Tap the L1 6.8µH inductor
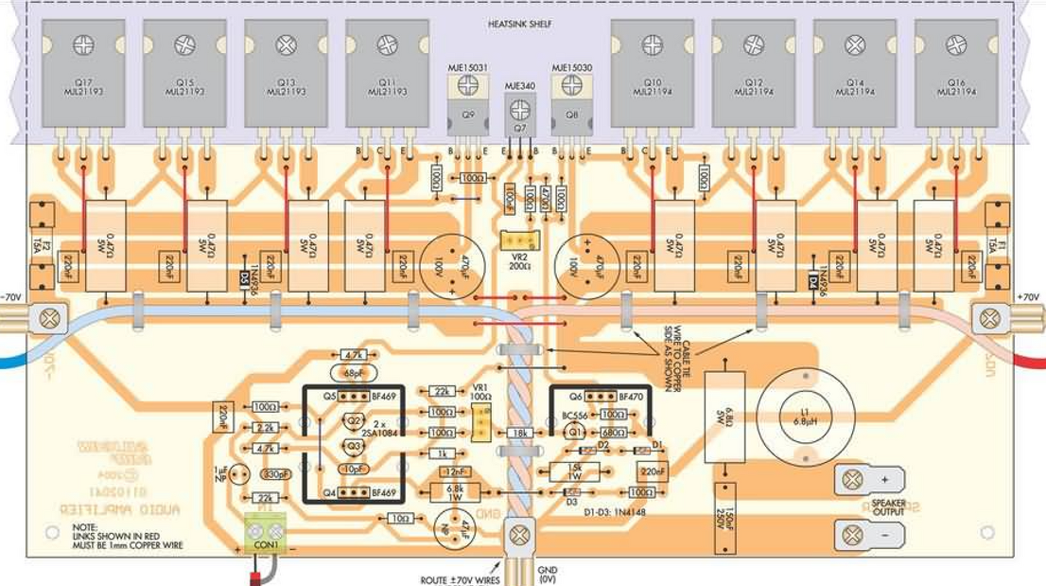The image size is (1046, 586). pyautogui.click(x=806, y=417)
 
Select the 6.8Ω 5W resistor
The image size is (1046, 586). pyautogui.click(x=725, y=417)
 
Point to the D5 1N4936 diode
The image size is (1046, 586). pyautogui.click(x=244, y=281)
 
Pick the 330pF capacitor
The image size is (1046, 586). pyautogui.click(x=276, y=475)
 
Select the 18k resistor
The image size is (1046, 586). pyautogui.click(x=518, y=432)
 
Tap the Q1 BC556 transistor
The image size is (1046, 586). pyautogui.click(x=572, y=432)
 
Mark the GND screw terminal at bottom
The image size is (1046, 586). pyautogui.click(x=517, y=537)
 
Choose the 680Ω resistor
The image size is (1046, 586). pyautogui.click(x=613, y=432)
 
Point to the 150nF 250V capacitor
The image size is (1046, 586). pyautogui.click(x=725, y=516)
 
